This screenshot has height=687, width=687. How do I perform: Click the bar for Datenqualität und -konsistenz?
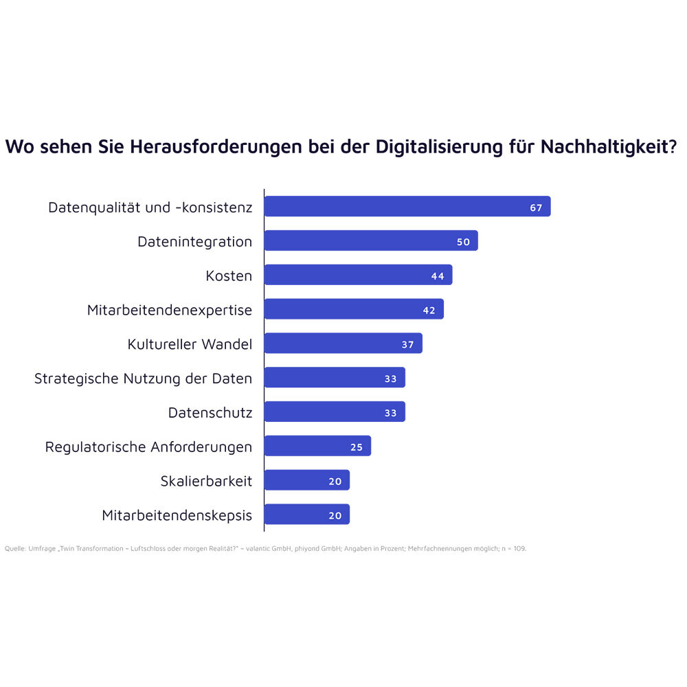click(x=407, y=207)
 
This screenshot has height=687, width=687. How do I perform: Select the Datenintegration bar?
click(x=371, y=241)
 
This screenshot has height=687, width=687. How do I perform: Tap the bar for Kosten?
click(x=358, y=275)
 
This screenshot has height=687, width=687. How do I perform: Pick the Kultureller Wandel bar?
click(x=343, y=343)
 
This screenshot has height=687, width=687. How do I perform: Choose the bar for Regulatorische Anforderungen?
click(x=317, y=447)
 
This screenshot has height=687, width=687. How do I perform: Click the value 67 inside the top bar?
click(x=536, y=207)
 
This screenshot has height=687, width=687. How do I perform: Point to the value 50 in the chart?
click(x=463, y=242)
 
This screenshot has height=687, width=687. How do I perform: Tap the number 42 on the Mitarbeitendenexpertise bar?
click(x=429, y=311)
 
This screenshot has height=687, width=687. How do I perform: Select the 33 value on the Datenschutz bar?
click(x=391, y=413)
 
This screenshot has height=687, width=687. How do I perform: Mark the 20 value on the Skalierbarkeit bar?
click(x=335, y=482)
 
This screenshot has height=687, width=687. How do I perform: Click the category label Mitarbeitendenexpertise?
click(x=170, y=311)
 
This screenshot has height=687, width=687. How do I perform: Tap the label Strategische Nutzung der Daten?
click(x=143, y=379)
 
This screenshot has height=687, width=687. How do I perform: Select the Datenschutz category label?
click(x=210, y=413)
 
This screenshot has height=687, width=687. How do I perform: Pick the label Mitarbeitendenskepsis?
click(x=177, y=515)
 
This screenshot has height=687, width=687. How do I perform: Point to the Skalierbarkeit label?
click(x=206, y=482)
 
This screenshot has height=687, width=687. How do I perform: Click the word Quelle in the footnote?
click(x=15, y=549)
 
